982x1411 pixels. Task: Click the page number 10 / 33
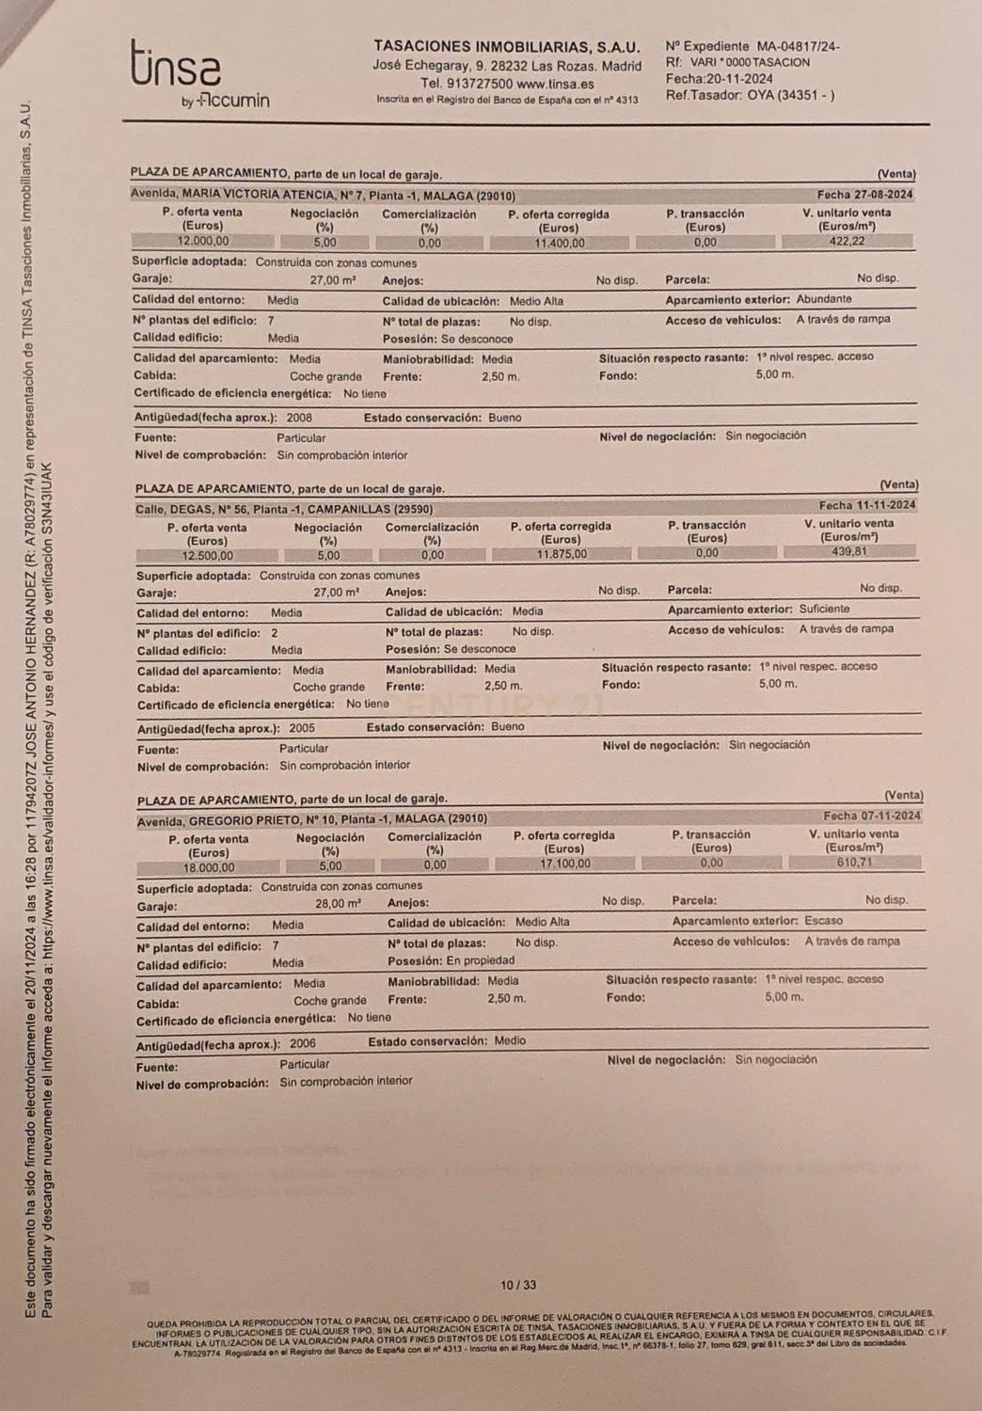coord(518,1285)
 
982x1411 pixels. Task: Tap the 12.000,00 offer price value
coord(203,242)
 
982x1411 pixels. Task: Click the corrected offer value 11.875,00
coord(562,554)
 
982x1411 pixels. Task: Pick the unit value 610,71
coord(853,862)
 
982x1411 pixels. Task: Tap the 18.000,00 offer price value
coord(209,867)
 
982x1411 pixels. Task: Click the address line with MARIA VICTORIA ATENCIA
coord(324,196)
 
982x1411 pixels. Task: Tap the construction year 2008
coord(299,418)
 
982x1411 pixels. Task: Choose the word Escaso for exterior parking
coord(823,921)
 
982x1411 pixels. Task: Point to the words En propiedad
coord(481,960)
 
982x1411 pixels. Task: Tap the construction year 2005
coord(302,728)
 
